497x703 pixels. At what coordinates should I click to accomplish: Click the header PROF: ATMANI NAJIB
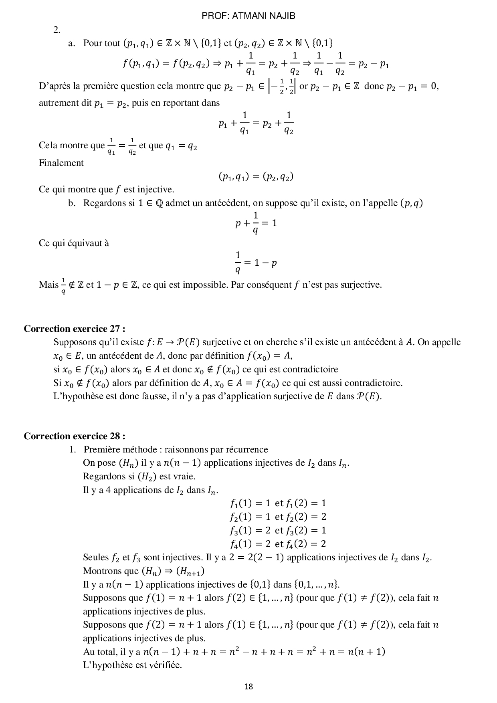(x=248, y=16)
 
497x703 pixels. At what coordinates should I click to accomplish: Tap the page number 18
(x=248, y=687)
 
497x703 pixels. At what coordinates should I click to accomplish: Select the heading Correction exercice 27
(x=75, y=329)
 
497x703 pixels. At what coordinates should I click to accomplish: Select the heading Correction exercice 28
(x=75, y=436)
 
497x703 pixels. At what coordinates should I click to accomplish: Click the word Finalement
(x=61, y=163)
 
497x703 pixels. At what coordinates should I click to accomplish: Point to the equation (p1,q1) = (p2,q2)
(x=256, y=177)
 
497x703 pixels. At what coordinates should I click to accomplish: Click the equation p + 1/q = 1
(x=256, y=223)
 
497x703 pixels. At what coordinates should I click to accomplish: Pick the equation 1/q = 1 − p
(x=256, y=263)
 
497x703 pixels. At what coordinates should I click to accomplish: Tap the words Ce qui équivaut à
(x=74, y=243)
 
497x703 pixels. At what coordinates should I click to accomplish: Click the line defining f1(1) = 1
(x=278, y=503)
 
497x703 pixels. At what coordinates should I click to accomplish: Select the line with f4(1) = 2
(x=278, y=544)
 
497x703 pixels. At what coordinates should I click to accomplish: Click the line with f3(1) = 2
(x=278, y=530)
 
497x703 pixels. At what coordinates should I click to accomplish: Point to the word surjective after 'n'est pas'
(x=362, y=285)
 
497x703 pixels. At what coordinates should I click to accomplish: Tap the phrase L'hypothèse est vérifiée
(x=132, y=665)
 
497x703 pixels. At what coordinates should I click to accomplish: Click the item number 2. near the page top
(x=57, y=30)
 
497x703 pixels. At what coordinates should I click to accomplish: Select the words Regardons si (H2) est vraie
(x=139, y=477)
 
